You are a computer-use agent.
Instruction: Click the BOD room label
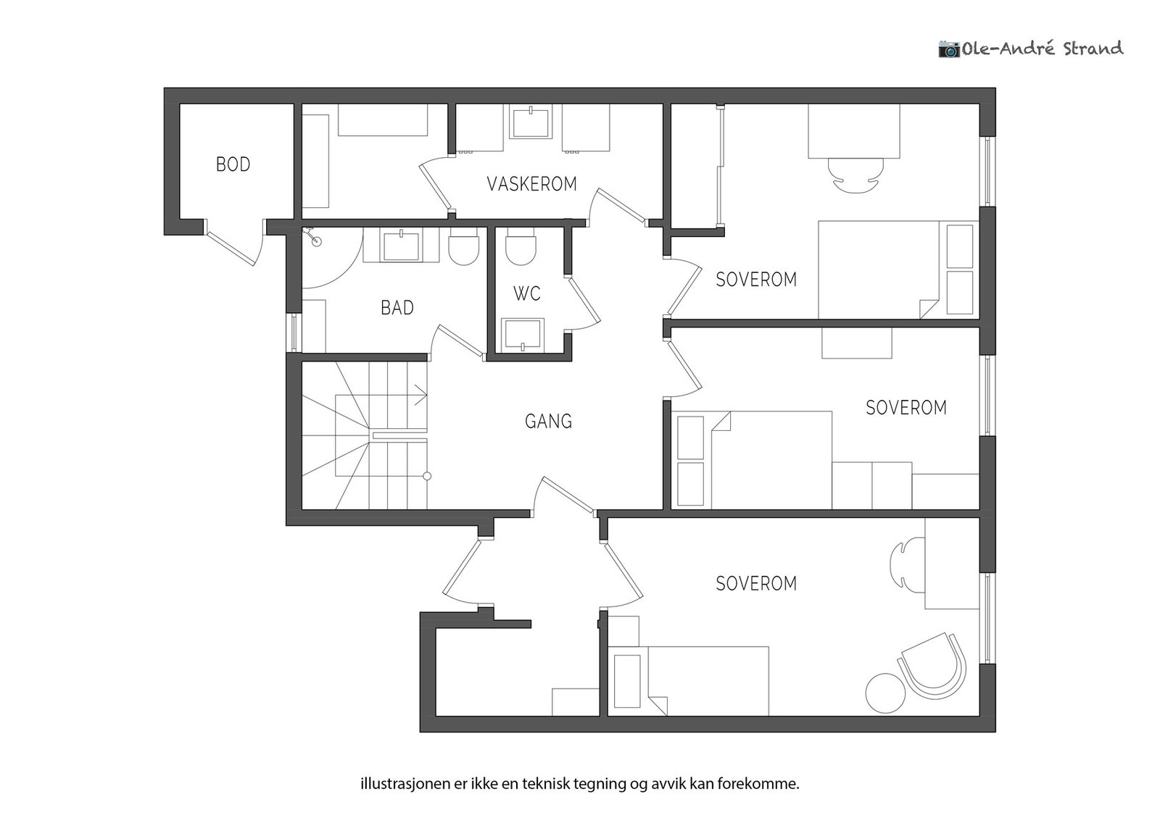(x=233, y=164)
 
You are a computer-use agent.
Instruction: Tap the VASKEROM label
(x=531, y=184)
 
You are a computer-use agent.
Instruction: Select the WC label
(x=526, y=293)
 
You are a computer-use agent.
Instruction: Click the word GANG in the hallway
(x=548, y=421)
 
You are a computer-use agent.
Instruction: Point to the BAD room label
(x=397, y=308)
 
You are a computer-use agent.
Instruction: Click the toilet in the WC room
(x=520, y=248)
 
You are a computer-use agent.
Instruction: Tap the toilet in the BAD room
(x=464, y=248)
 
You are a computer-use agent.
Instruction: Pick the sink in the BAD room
(x=400, y=246)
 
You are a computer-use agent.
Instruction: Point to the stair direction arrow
(x=420, y=396)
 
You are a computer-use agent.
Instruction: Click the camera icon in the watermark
(x=948, y=49)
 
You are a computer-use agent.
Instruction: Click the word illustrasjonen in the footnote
(x=401, y=784)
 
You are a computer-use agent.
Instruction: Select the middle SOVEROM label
(x=906, y=408)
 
